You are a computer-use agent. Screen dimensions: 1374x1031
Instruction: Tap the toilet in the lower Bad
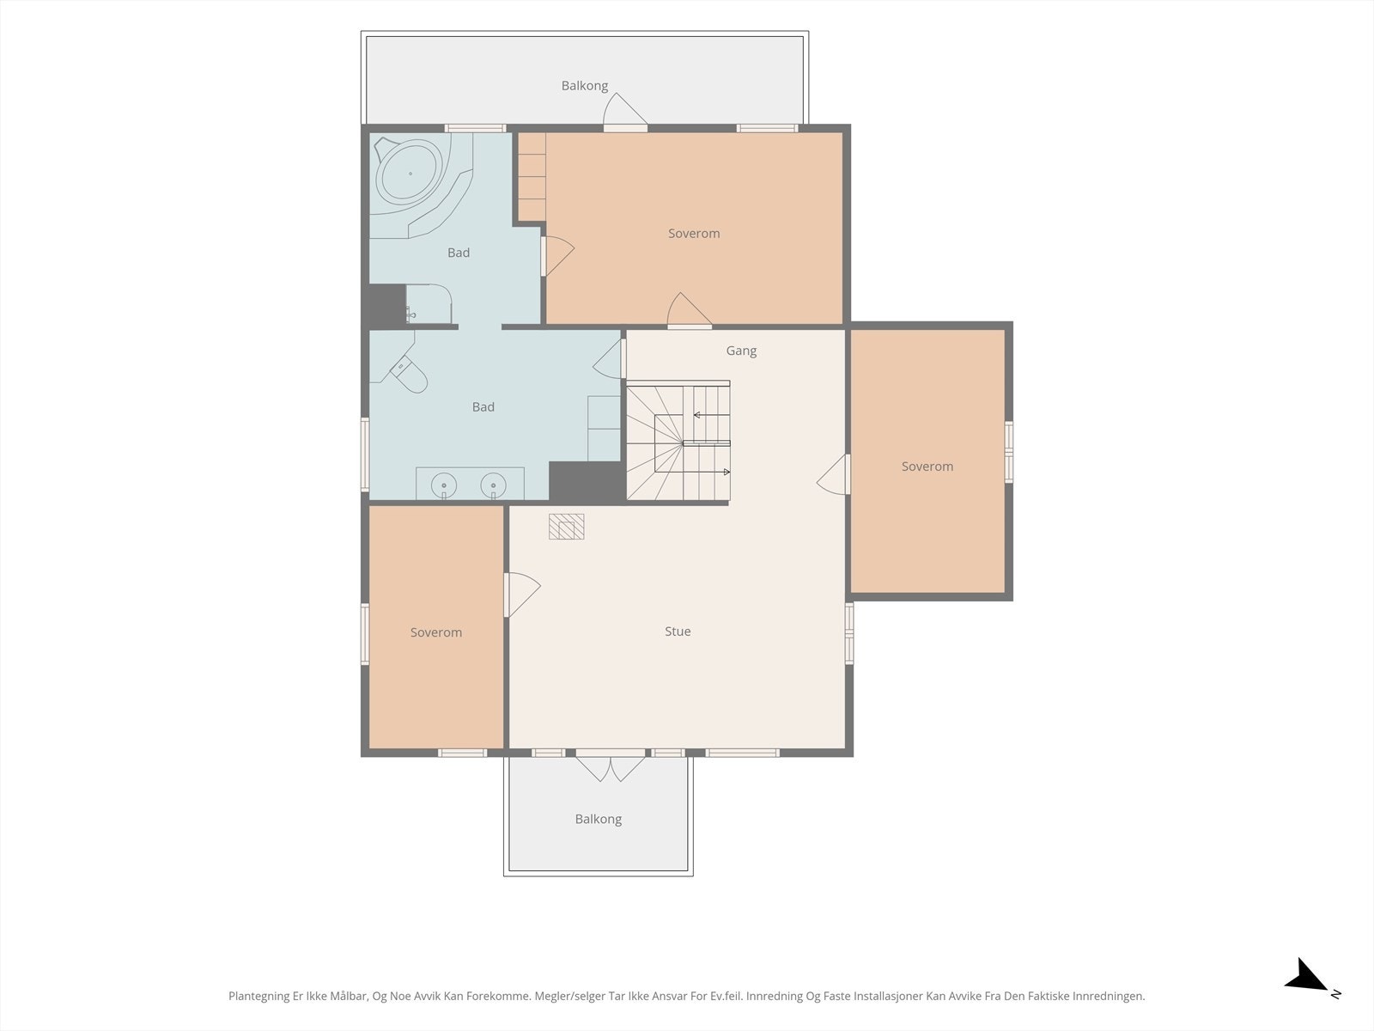tap(409, 374)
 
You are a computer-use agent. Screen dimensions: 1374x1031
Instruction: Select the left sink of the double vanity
tap(444, 485)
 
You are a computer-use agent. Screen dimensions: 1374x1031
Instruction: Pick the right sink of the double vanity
tap(493, 485)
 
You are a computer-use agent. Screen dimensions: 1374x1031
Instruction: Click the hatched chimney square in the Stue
tap(567, 527)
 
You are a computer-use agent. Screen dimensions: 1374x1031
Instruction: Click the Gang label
tap(741, 351)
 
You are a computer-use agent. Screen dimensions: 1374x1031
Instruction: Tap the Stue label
tap(678, 631)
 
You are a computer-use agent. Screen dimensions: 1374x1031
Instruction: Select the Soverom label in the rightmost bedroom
tap(927, 467)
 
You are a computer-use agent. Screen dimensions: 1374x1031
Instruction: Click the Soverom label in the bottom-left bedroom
tap(436, 632)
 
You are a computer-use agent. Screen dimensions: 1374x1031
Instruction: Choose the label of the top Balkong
tap(585, 86)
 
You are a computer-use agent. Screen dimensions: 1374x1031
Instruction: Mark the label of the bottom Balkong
tap(599, 819)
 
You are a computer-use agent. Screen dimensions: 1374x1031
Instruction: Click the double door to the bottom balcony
tap(611, 767)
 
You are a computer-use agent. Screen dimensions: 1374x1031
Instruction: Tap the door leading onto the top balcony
tap(624, 112)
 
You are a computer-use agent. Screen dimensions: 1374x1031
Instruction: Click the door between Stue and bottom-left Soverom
tap(521, 595)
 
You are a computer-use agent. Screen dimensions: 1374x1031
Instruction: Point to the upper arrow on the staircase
tap(712, 415)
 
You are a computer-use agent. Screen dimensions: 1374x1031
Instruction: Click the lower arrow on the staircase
tap(706, 472)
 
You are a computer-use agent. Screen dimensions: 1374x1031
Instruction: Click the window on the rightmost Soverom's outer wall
tap(1008, 452)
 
